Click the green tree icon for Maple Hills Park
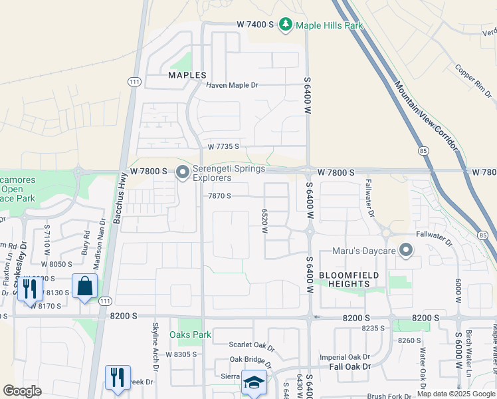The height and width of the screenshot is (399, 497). point(286,25)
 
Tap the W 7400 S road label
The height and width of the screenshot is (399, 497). point(256,25)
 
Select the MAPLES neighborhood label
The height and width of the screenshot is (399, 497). point(187,75)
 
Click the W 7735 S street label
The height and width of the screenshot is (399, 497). point(223,146)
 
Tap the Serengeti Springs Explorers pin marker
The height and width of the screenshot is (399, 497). point(183,173)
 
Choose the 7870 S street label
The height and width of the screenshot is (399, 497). point(219,196)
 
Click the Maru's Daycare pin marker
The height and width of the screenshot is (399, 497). point(406,251)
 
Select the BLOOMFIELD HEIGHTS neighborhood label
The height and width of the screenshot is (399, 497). point(349,279)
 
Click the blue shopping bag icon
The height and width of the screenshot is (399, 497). point(86,287)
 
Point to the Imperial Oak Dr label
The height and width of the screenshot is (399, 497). point(343,357)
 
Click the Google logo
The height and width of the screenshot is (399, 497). point(22,391)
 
